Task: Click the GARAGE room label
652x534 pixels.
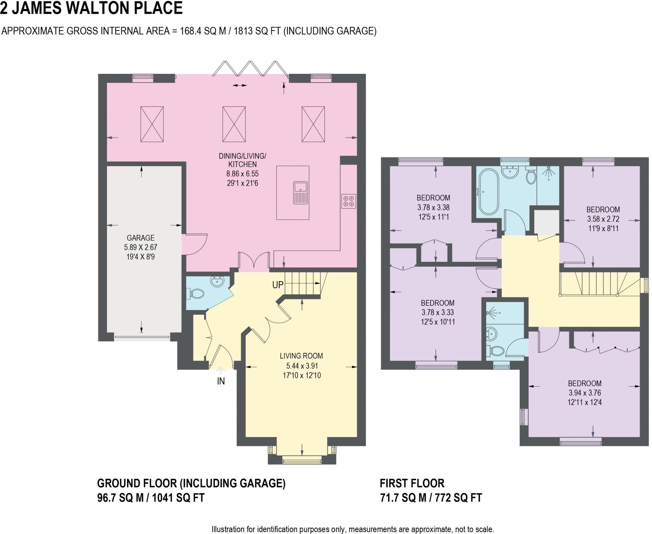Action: [x=140, y=238]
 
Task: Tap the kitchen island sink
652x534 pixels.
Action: [x=301, y=192]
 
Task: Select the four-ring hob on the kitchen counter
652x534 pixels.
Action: [x=348, y=201]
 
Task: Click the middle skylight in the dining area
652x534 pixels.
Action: [x=234, y=124]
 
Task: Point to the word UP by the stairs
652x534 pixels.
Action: [x=278, y=285]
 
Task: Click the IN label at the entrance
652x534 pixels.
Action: [x=221, y=381]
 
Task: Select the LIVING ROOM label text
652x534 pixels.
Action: [x=301, y=356]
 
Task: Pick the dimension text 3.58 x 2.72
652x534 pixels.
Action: [x=603, y=219]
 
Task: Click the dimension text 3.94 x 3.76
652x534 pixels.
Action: [x=585, y=393]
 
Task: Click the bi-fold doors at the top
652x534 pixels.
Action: [x=251, y=69]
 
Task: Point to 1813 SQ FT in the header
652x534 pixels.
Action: [x=257, y=31]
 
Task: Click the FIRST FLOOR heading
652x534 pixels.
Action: [x=412, y=483]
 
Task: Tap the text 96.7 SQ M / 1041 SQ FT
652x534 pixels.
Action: [x=150, y=497]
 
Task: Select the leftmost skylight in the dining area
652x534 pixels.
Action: [x=152, y=124]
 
